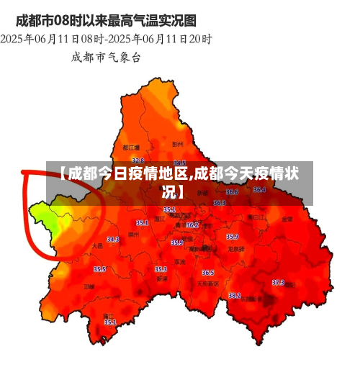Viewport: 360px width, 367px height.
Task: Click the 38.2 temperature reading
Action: (x=235, y=295)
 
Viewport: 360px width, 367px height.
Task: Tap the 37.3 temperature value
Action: (x=278, y=282)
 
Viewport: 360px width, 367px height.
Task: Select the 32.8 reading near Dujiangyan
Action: (x=138, y=160)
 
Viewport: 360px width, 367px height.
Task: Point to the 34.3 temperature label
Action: (x=113, y=239)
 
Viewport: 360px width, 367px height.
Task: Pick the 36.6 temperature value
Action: (x=233, y=192)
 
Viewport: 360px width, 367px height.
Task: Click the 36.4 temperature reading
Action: (x=259, y=189)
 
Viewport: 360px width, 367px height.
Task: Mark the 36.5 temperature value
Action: (x=208, y=273)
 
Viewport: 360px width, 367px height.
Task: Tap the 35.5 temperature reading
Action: (x=99, y=269)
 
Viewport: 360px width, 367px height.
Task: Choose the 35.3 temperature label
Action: (x=161, y=269)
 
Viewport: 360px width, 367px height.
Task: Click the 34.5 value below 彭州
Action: (x=180, y=163)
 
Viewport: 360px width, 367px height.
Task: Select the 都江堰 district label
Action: (x=131, y=148)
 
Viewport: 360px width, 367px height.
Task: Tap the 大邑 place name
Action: (x=97, y=246)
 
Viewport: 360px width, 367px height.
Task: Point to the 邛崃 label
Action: (x=89, y=286)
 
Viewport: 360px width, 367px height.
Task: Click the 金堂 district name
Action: (x=287, y=218)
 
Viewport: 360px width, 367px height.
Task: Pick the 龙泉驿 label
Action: (x=236, y=248)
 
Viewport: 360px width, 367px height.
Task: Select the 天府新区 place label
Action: (x=208, y=283)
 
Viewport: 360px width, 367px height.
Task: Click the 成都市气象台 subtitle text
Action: (x=107, y=56)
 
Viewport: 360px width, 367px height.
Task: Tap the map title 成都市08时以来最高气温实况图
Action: (x=106, y=19)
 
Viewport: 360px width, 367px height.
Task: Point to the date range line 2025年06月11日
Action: (x=107, y=37)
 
